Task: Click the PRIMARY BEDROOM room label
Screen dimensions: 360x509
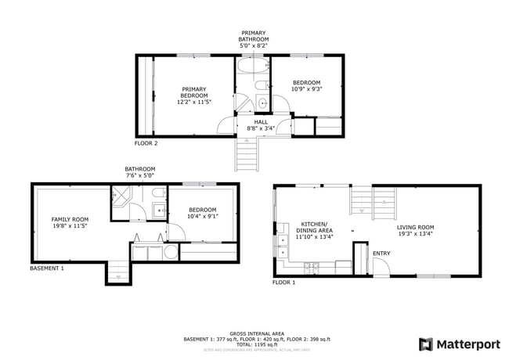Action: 195,92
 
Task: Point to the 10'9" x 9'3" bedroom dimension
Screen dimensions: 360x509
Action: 306,90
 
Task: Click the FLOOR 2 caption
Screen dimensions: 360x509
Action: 146,143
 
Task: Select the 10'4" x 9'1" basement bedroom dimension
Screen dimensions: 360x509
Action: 203,217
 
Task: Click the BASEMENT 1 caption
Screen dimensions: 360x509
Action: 47,268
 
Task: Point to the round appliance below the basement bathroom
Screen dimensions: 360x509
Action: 169,252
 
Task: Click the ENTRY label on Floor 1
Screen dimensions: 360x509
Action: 381,253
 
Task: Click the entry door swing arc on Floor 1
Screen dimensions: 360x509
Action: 381,265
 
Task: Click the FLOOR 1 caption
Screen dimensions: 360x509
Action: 283,283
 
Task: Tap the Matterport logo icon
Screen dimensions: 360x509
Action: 426,344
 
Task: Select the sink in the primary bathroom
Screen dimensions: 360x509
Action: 262,103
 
